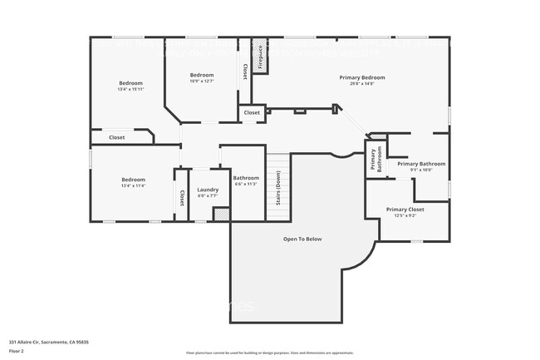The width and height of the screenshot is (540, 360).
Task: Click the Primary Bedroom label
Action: [x=361, y=77]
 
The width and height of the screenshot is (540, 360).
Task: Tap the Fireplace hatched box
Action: [x=259, y=56]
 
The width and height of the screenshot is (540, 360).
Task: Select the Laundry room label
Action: [x=208, y=190]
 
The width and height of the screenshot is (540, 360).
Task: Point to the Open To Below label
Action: [x=302, y=239]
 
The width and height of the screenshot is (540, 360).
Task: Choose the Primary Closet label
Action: [x=405, y=210]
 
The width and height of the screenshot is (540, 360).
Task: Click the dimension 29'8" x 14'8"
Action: [x=361, y=83]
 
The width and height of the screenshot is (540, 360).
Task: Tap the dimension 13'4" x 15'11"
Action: [x=130, y=89]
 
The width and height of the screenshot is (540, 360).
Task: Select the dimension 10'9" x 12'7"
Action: [x=202, y=81]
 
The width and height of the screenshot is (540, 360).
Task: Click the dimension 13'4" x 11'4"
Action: [x=133, y=185]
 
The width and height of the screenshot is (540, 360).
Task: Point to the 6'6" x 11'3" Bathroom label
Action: [x=246, y=178]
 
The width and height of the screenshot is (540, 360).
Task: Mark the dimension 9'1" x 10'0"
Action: [x=420, y=170]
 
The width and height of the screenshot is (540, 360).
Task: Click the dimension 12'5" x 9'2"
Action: [x=405, y=215]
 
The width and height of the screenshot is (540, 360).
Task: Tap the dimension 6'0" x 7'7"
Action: [x=208, y=196]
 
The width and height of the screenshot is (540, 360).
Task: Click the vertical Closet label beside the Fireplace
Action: [x=245, y=72]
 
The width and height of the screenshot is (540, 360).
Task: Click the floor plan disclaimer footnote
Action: [x=269, y=352]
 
